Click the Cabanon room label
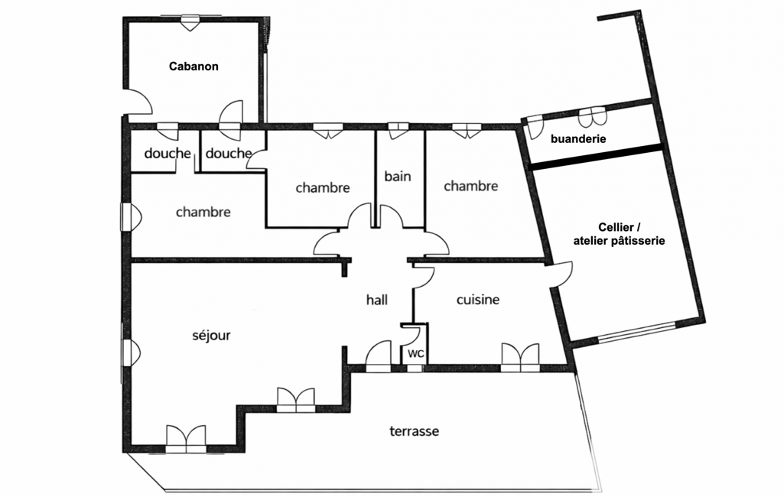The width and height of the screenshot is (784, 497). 194,67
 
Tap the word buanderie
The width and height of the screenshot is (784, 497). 578,139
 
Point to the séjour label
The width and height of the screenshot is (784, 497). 211,335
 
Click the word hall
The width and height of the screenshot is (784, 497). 376,300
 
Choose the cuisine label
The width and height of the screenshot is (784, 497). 477,300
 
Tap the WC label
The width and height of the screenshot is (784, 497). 415,354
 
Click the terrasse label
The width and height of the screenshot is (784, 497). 414,431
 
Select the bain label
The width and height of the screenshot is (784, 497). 397,177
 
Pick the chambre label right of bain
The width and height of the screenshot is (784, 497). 470,186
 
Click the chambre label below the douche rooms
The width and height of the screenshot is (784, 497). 203,212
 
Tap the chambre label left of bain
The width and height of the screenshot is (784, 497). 323,187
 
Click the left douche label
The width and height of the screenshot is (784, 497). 168,154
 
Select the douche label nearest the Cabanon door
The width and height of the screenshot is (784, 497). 229,154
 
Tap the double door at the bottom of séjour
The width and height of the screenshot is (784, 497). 186,439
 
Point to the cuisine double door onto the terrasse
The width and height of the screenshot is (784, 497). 520,357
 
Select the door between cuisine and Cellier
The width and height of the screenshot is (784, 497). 561,273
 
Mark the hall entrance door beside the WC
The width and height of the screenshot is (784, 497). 379,356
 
